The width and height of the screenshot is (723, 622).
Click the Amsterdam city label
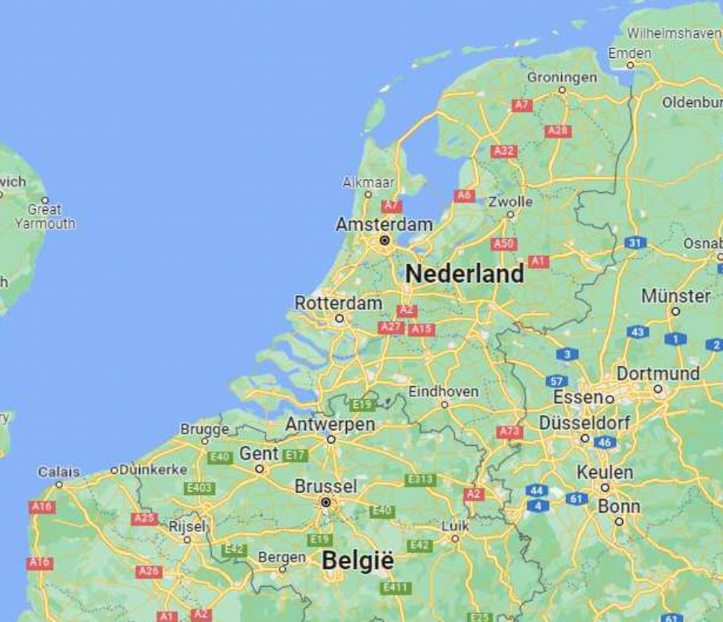coord(383,224)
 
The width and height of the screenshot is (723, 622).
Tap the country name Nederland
coord(465,274)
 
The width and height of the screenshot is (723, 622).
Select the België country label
coord(357,561)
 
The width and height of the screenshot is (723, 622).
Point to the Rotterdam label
coord(338,303)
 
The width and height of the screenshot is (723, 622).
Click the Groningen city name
coord(562,77)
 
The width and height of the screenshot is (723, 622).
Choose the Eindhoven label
coord(444,391)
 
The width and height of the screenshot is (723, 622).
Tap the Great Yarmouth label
coord(45,216)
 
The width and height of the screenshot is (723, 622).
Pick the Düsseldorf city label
coord(585,422)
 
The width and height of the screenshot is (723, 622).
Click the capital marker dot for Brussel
coord(325,502)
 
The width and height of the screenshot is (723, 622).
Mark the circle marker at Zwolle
coord(510,214)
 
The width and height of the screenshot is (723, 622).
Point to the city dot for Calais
coord(58,484)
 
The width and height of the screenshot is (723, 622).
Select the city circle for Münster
coord(675,311)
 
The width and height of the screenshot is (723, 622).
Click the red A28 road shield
coord(558,131)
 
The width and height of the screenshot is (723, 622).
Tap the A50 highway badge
coord(504,244)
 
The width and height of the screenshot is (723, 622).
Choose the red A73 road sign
coord(510,432)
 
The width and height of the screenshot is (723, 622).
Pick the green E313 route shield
coord(420,480)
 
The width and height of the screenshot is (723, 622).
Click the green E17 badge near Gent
coord(295,455)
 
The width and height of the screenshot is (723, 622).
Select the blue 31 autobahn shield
coord(636,242)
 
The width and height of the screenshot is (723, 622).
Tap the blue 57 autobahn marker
coord(556,381)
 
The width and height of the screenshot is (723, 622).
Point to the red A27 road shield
coord(390,327)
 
